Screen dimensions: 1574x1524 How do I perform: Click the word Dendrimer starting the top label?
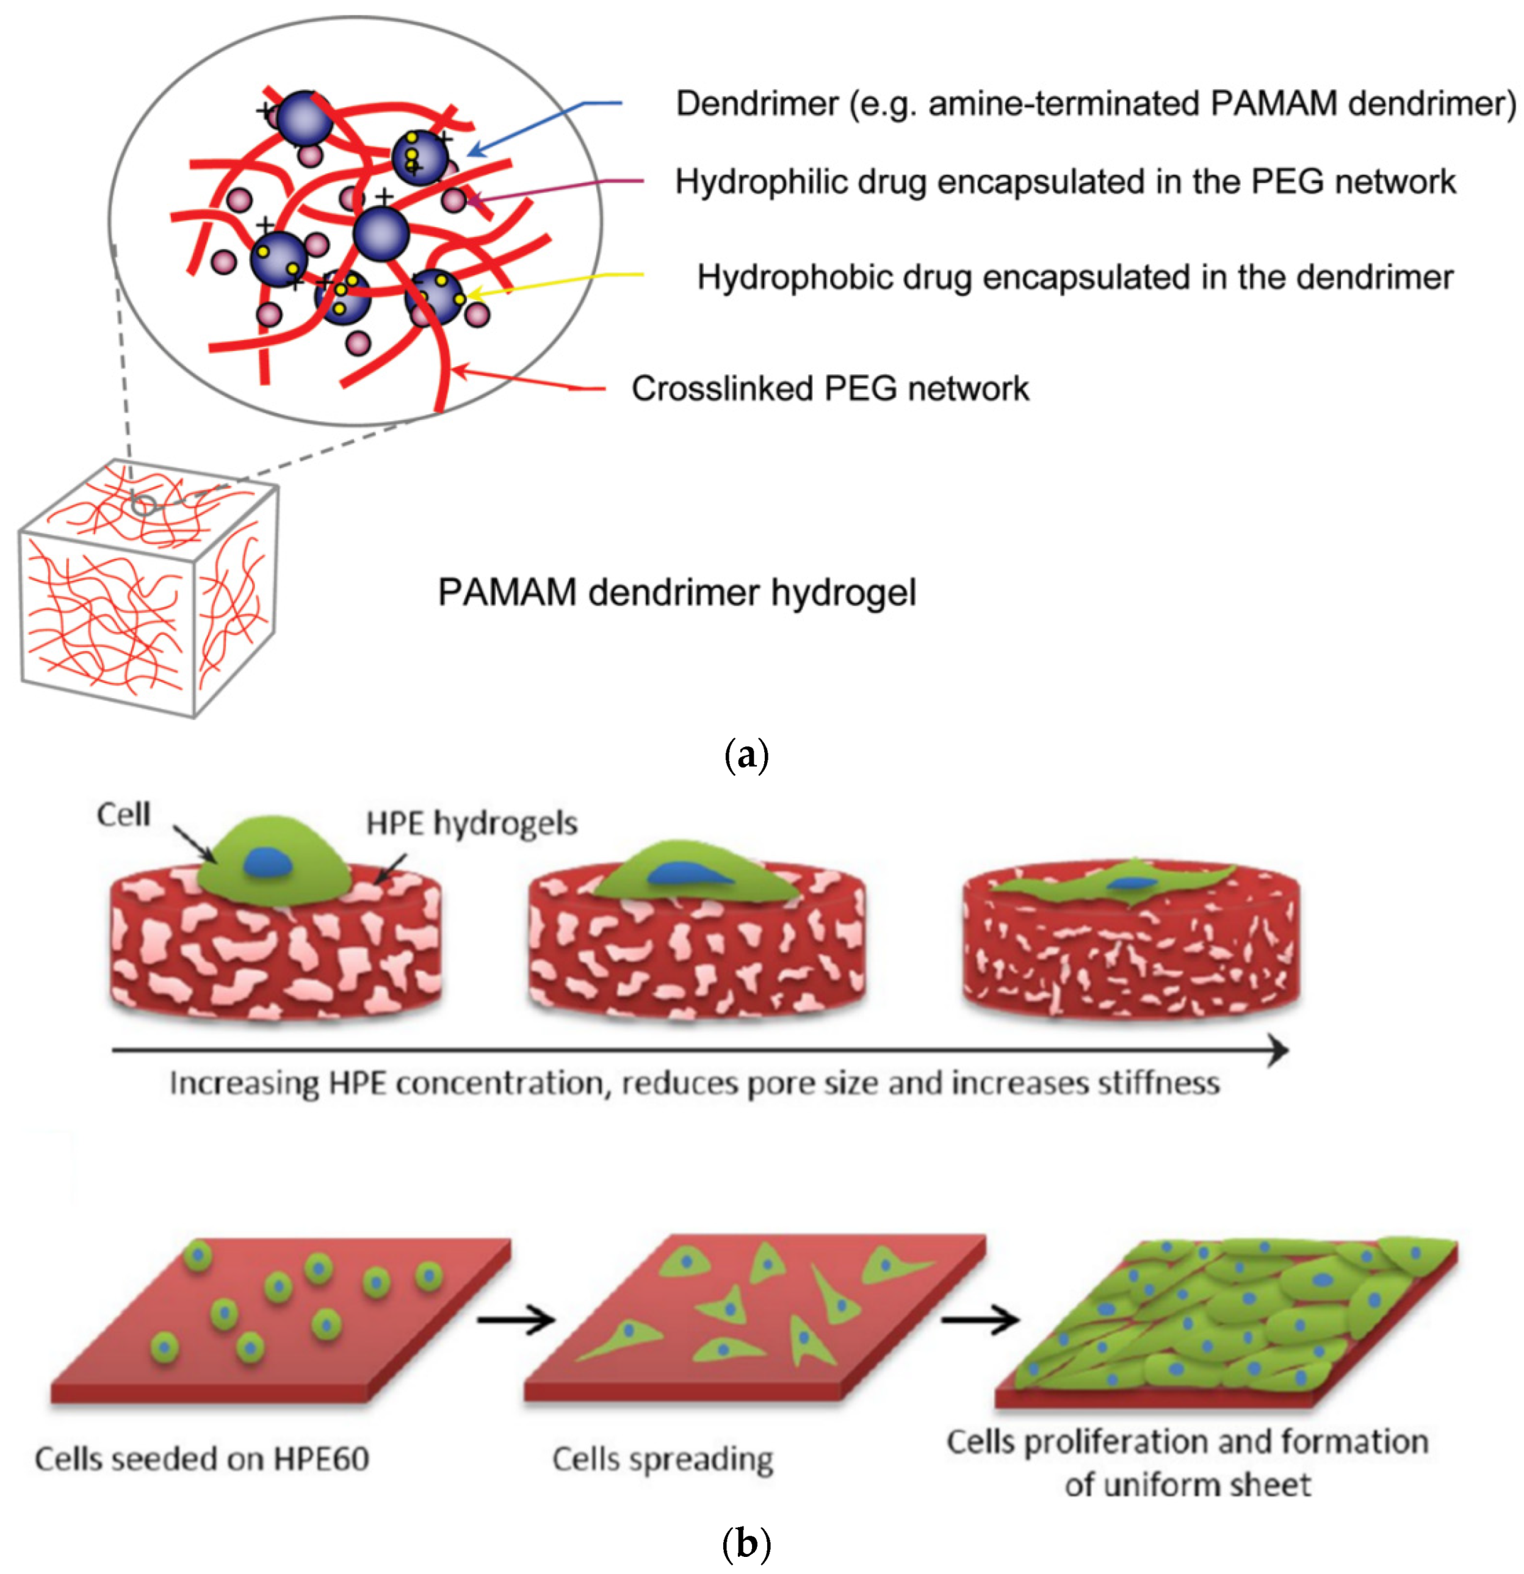[756, 104]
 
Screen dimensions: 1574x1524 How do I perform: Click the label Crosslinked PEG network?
[829, 389]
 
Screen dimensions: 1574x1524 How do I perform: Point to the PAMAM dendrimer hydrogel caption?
[676, 593]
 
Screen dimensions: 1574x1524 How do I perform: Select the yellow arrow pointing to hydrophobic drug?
[554, 283]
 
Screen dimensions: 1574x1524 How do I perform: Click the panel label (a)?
[746, 756]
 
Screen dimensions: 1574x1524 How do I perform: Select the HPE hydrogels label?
[471, 823]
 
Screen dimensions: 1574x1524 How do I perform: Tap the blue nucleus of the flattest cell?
[1132, 883]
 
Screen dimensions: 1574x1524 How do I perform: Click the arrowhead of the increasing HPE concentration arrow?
[1279, 1050]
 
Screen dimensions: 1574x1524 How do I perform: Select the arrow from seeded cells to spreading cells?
[516, 1319]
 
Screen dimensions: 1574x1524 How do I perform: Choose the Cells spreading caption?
[662, 1459]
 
